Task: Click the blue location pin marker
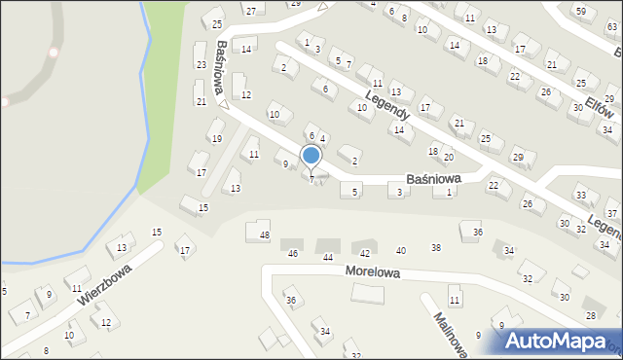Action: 311,156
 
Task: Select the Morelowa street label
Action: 373,273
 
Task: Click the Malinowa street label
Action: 452,332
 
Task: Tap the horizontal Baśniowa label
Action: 433,179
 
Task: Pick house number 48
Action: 264,235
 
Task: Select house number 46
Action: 293,253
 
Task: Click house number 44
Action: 328,257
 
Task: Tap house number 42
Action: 365,253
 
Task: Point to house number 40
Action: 400,251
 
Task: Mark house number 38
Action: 436,247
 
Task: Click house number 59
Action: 581,10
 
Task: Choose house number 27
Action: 250,10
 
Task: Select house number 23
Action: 201,64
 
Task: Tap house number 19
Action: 216,138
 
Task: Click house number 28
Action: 590,315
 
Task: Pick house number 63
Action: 611,26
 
